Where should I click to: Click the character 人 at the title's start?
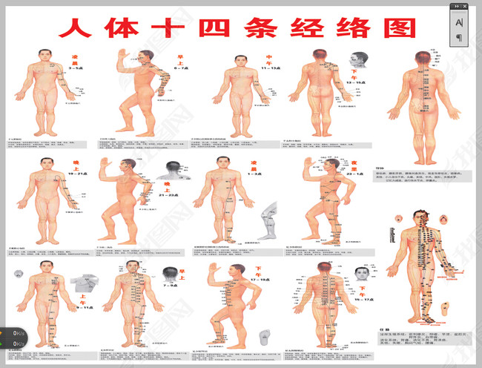(75, 28)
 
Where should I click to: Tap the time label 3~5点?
(76, 68)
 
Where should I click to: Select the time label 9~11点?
(76, 306)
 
